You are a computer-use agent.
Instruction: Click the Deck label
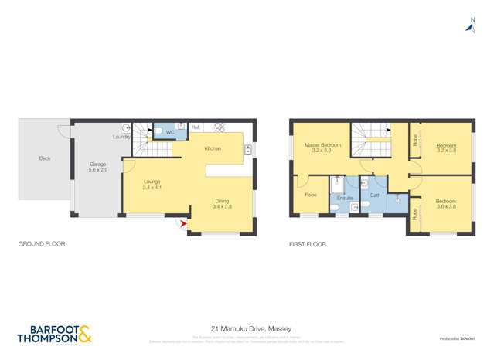coord(44,159)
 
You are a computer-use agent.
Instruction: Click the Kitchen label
coord(213,148)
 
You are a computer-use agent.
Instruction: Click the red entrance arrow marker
coord(182,225)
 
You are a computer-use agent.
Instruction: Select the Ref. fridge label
coord(196,127)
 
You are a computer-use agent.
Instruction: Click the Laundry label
coord(121,137)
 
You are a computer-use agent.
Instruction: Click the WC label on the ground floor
coord(170,133)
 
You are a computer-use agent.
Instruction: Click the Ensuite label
coord(345,198)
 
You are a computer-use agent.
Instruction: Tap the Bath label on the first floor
coord(375,195)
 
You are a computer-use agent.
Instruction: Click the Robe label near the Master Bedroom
coord(311,195)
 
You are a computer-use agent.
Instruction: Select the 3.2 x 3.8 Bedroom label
coord(446,148)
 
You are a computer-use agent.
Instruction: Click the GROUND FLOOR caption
coord(42,244)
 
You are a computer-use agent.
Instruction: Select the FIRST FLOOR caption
coord(307,244)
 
